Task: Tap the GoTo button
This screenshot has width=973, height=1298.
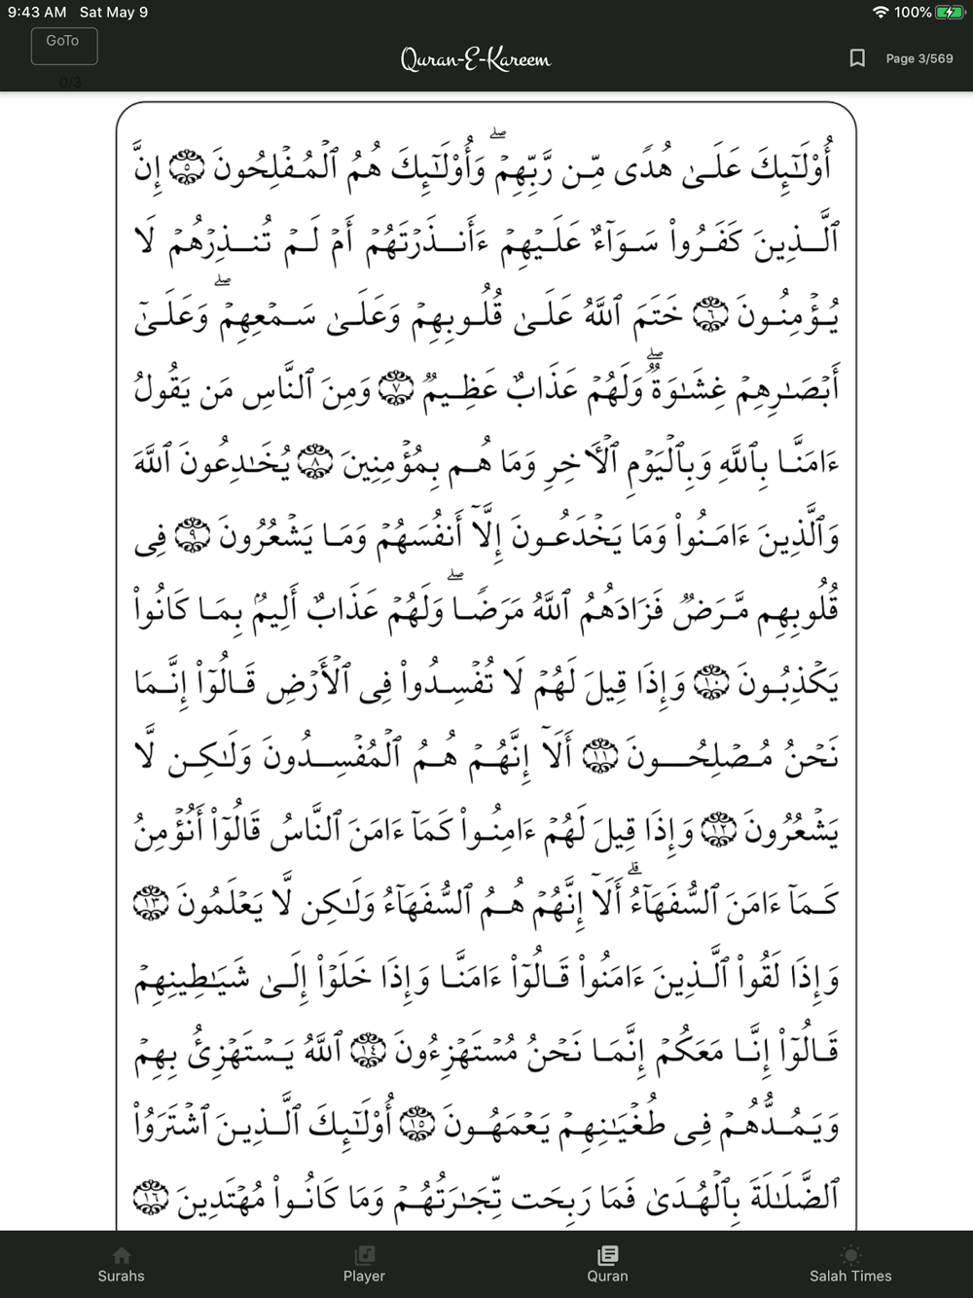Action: [63, 46]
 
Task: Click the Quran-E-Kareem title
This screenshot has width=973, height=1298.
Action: [475, 59]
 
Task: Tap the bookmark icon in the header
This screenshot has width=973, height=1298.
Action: [857, 58]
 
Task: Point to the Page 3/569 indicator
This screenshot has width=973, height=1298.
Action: [919, 58]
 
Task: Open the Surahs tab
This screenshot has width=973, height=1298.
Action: [121, 1265]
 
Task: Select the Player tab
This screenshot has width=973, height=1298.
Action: [364, 1265]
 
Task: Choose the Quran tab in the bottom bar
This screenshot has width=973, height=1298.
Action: [608, 1265]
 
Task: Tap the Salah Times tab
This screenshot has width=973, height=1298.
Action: [850, 1265]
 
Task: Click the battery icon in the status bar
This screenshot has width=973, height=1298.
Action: [949, 13]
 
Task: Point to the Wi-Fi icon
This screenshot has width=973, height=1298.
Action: [881, 13]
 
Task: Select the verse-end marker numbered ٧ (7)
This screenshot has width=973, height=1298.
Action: [395, 388]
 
